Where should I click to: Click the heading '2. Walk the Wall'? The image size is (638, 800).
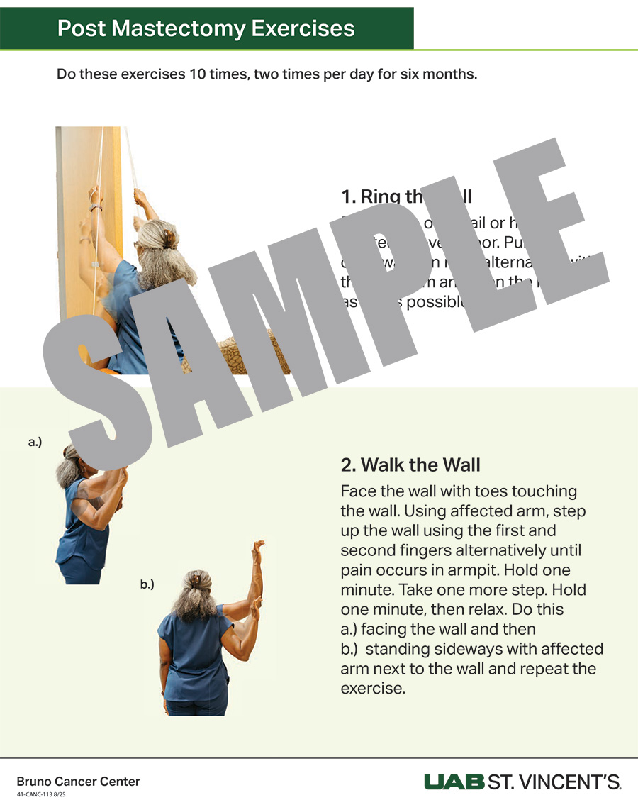[410, 465]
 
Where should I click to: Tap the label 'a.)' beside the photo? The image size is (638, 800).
[35, 443]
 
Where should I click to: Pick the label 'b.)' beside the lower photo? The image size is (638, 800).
[147, 584]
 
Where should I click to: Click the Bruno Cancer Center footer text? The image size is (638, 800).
[78, 782]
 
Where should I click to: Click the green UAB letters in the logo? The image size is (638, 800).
[454, 782]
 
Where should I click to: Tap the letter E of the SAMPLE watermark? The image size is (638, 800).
[560, 234]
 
